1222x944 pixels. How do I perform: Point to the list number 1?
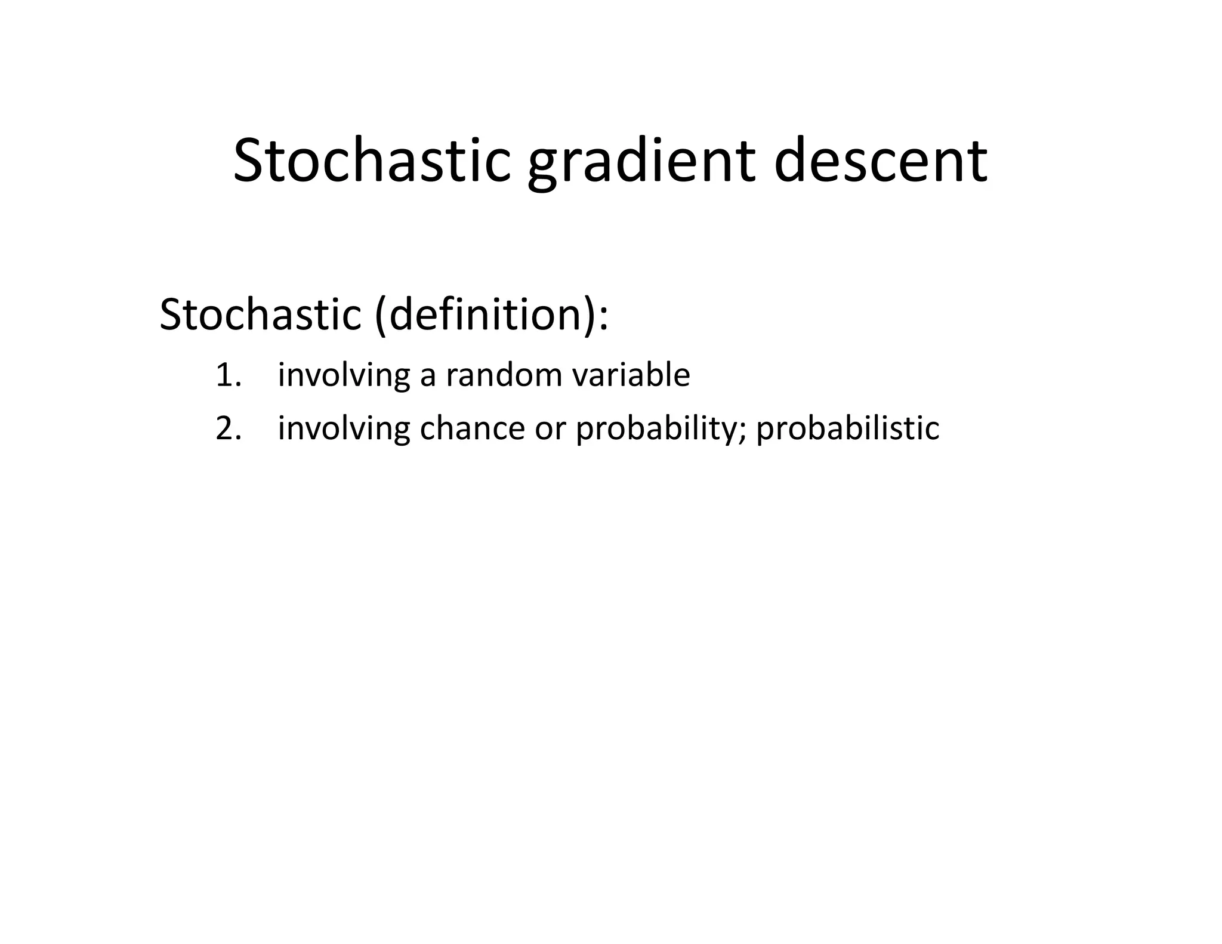tap(227, 375)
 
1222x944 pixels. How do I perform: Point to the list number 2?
tap(229, 428)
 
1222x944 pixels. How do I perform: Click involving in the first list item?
tap(344, 375)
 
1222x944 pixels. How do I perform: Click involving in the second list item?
tap(344, 428)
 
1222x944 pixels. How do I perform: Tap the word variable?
tap(631, 375)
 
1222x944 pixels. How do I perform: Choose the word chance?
tap(472, 428)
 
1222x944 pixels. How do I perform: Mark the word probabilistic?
tap(847, 428)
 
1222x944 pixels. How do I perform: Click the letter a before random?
tap(428, 377)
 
